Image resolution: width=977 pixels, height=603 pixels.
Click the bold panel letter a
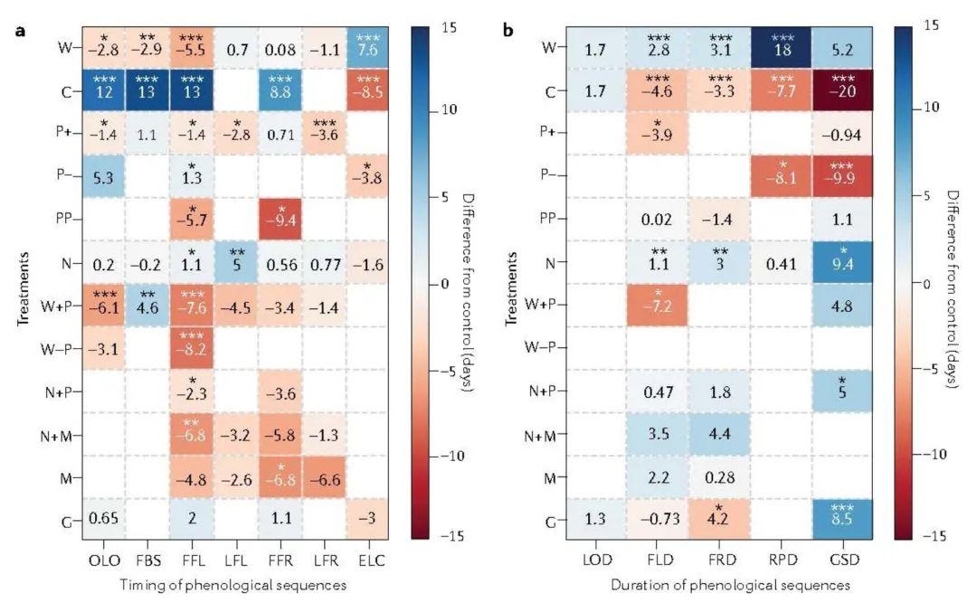[x=19, y=31]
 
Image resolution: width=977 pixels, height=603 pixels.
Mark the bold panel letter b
[x=507, y=31]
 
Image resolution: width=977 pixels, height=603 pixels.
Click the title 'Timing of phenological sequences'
[x=232, y=586]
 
